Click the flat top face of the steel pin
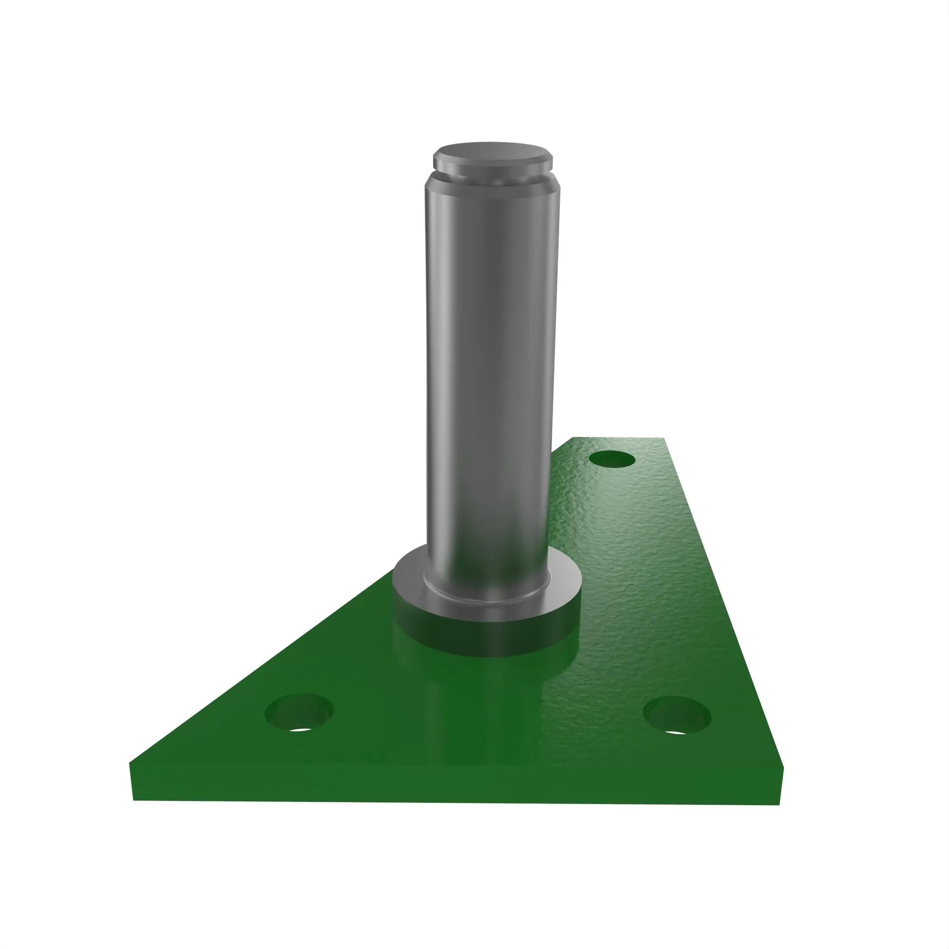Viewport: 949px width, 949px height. coord(492,151)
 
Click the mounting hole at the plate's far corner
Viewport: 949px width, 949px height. coord(612,460)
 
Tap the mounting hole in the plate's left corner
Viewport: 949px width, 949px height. coord(298,711)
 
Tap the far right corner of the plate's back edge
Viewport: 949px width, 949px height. coord(664,437)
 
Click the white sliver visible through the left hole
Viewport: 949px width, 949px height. coord(301,729)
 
